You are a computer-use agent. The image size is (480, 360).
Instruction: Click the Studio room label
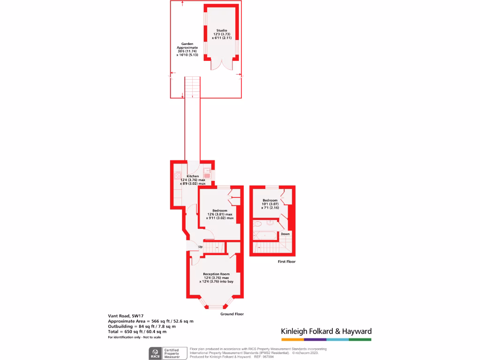pos(222,30)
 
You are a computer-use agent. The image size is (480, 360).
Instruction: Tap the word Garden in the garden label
pos(187,44)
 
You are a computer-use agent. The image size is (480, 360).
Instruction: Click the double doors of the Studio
pos(221,65)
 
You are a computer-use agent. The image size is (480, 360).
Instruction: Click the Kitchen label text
pos(193,176)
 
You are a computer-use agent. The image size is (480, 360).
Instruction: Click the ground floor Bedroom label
pos(219,210)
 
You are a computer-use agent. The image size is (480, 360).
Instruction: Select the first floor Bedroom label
pos(270,201)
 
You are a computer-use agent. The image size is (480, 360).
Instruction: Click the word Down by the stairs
pos(285,233)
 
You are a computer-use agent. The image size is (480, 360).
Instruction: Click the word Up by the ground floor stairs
pos(200,247)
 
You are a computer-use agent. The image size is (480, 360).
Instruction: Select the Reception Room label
pos(216,274)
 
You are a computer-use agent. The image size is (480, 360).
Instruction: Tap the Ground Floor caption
pos(232,314)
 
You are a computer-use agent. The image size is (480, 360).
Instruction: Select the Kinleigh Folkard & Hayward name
pos(326,331)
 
